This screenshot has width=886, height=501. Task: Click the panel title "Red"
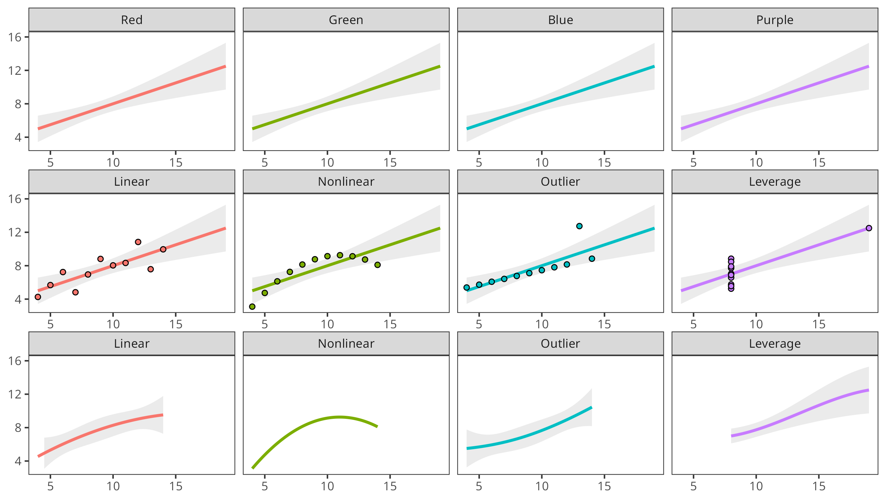[132, 20]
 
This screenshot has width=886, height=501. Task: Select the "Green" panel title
[346, 20]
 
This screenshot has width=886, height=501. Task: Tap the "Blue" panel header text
[560, 20]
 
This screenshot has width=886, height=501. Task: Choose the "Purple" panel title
[775, 20]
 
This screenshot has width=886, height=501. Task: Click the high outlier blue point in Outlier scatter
[579, 226]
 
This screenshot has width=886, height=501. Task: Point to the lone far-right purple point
[869, 228]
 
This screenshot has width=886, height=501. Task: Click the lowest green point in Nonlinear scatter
[252, 307]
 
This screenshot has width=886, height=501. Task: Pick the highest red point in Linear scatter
[138, 242]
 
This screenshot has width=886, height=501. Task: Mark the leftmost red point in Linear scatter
[38, 297]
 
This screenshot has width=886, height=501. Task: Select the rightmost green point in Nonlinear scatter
[377, 265]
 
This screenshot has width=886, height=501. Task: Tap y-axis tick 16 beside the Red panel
[15, 37]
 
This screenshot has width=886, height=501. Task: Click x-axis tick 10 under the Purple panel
[756, 163]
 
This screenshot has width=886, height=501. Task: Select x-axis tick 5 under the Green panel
[265, 163]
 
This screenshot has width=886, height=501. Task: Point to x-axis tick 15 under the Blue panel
[604, 163]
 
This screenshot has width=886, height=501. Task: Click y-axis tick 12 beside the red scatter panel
[15, 232]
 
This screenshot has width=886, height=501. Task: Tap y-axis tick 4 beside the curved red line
[18, 461]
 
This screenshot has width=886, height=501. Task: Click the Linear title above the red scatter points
[132, 181]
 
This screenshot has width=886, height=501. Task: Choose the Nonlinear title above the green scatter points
[346, 181]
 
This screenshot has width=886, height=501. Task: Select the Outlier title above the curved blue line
[560, 343]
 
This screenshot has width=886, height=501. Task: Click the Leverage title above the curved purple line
[775, 343]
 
